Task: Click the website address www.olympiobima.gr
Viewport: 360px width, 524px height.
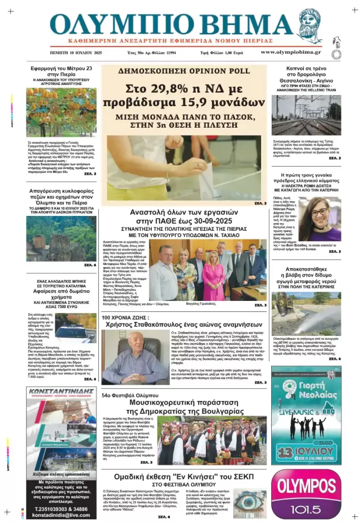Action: pyautogui.click(x=291, y=52)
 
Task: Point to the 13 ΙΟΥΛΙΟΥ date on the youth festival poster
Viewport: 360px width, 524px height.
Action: pyautogui.click(x=306, y=452)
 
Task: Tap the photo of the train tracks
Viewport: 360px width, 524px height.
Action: pyautogui.click(x=306, y=115)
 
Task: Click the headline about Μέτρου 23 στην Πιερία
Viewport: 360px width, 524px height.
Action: pyautogui.click(x=61, y=71)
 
